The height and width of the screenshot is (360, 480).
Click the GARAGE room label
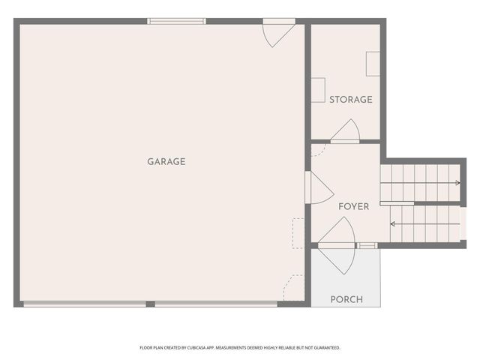coord(166,161)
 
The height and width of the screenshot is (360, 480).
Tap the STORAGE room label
coord(350,100)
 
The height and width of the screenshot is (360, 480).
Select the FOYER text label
coord(353,206)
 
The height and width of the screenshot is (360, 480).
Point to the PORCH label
coord(346,299)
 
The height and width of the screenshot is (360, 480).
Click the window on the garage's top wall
coord(176,21)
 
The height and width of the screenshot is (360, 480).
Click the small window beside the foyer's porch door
coord(367,246)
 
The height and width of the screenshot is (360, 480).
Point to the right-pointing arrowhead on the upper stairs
coord(457,182)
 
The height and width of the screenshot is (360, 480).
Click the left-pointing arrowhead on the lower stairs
coord(393,223)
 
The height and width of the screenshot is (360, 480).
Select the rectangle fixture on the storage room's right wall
coord(373,64)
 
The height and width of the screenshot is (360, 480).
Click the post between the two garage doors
coord(150,304)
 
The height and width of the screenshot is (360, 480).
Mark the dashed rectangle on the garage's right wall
coord(298,233)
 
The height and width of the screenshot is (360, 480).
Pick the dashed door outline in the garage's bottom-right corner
coord(294,288)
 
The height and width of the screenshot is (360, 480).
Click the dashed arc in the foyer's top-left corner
coord(317,150)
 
